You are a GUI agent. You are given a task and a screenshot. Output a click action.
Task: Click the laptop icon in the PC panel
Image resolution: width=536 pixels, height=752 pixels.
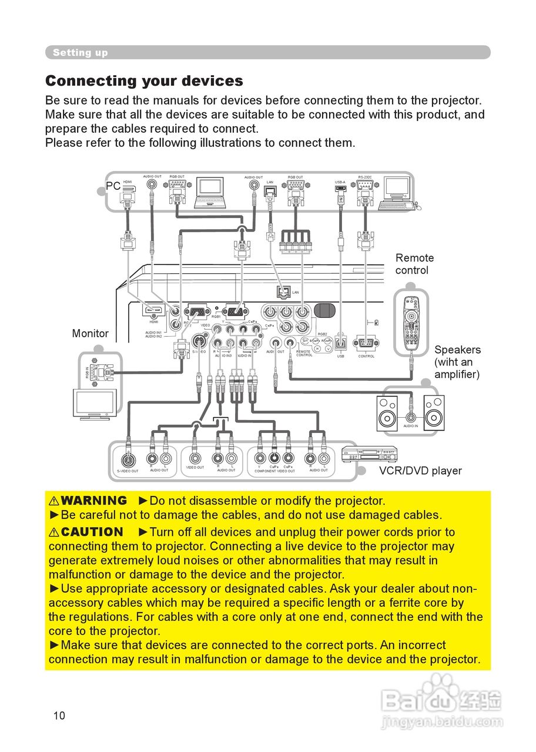point(210,192)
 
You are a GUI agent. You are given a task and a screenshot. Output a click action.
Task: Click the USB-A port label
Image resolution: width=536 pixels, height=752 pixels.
point(340,182)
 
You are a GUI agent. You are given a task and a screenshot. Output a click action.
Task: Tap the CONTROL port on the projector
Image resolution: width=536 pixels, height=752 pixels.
point(366,344)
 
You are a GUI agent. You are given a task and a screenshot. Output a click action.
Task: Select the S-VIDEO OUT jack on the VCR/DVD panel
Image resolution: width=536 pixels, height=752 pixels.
point(128,459)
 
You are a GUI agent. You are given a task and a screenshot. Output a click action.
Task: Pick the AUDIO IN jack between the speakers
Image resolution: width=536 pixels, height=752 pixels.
point(411,418)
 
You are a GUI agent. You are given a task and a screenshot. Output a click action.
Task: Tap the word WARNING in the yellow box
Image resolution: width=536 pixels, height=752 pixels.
point(93,501)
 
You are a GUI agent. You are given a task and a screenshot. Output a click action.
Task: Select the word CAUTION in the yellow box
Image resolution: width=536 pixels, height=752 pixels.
point(92,532)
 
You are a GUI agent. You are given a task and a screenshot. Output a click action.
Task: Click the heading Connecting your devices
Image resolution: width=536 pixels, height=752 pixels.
point(144,80)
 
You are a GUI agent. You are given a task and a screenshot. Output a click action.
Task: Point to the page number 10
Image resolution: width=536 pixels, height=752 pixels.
point(59,715)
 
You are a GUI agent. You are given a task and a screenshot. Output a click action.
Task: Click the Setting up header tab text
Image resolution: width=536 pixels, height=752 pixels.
point(80,52)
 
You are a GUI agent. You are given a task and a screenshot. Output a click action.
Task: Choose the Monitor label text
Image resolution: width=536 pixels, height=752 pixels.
point(91,333)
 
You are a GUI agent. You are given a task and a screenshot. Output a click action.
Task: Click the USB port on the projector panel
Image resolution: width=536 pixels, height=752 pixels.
point(341,344)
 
